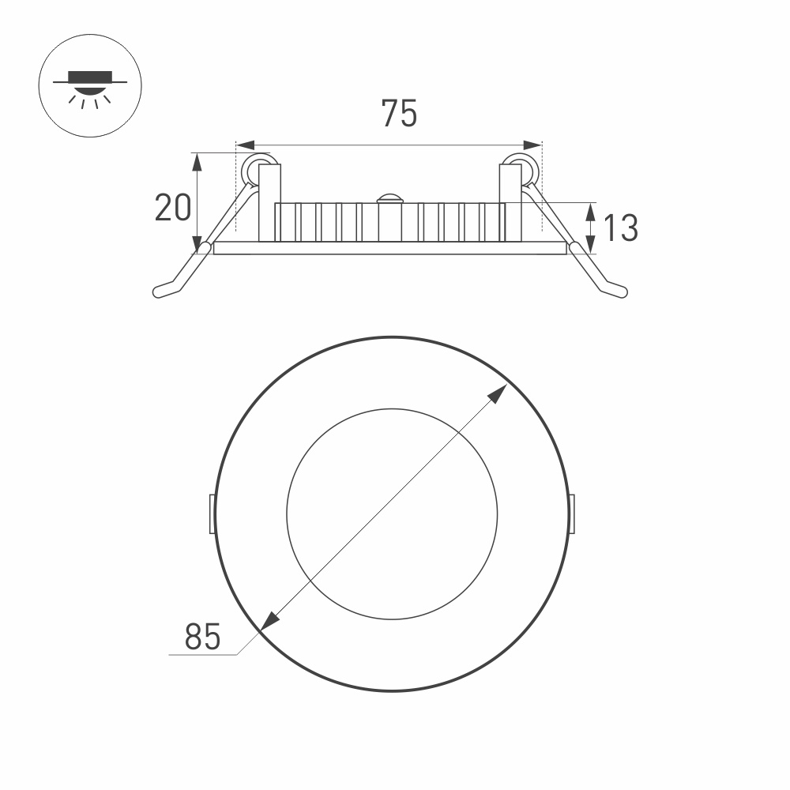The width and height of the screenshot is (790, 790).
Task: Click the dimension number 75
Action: tap(399, 114)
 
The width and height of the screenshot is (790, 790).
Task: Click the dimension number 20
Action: tap(173, 208)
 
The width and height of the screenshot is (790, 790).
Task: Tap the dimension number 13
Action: tap(621, 228)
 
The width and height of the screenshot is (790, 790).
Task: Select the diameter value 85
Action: tap(202, 636)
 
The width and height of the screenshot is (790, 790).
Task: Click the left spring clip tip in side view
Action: tap(159, 292)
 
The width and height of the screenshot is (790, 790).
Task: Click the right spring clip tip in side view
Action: tap(621, 292)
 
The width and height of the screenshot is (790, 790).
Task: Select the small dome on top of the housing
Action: tap(389, 198)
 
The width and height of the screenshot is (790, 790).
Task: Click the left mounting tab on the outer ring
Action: tap(211, 513)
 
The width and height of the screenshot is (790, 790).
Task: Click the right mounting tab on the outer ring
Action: tap(573, 513)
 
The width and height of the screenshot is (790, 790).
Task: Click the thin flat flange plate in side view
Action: tap(390, 249)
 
